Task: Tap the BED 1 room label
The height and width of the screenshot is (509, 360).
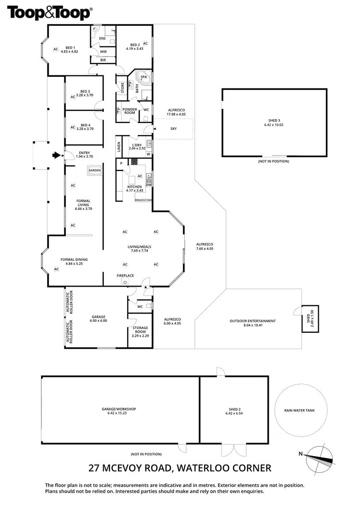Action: pos(71,48)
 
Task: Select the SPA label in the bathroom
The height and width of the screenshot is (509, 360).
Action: pos(144,77)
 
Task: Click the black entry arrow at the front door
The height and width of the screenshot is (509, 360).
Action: pos(57,155)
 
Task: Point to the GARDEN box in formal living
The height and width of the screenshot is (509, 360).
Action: pos(94,170)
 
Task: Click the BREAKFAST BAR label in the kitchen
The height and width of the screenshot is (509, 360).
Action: pos(143,199)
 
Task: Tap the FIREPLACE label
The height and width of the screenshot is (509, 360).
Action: pos(125,276)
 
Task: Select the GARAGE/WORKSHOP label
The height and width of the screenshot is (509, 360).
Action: pos(119,409)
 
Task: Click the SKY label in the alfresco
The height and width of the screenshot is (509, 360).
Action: pos(173,129)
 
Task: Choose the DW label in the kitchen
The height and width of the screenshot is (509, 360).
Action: pos(148,185)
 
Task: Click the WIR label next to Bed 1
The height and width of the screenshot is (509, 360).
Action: pos(103,51)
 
